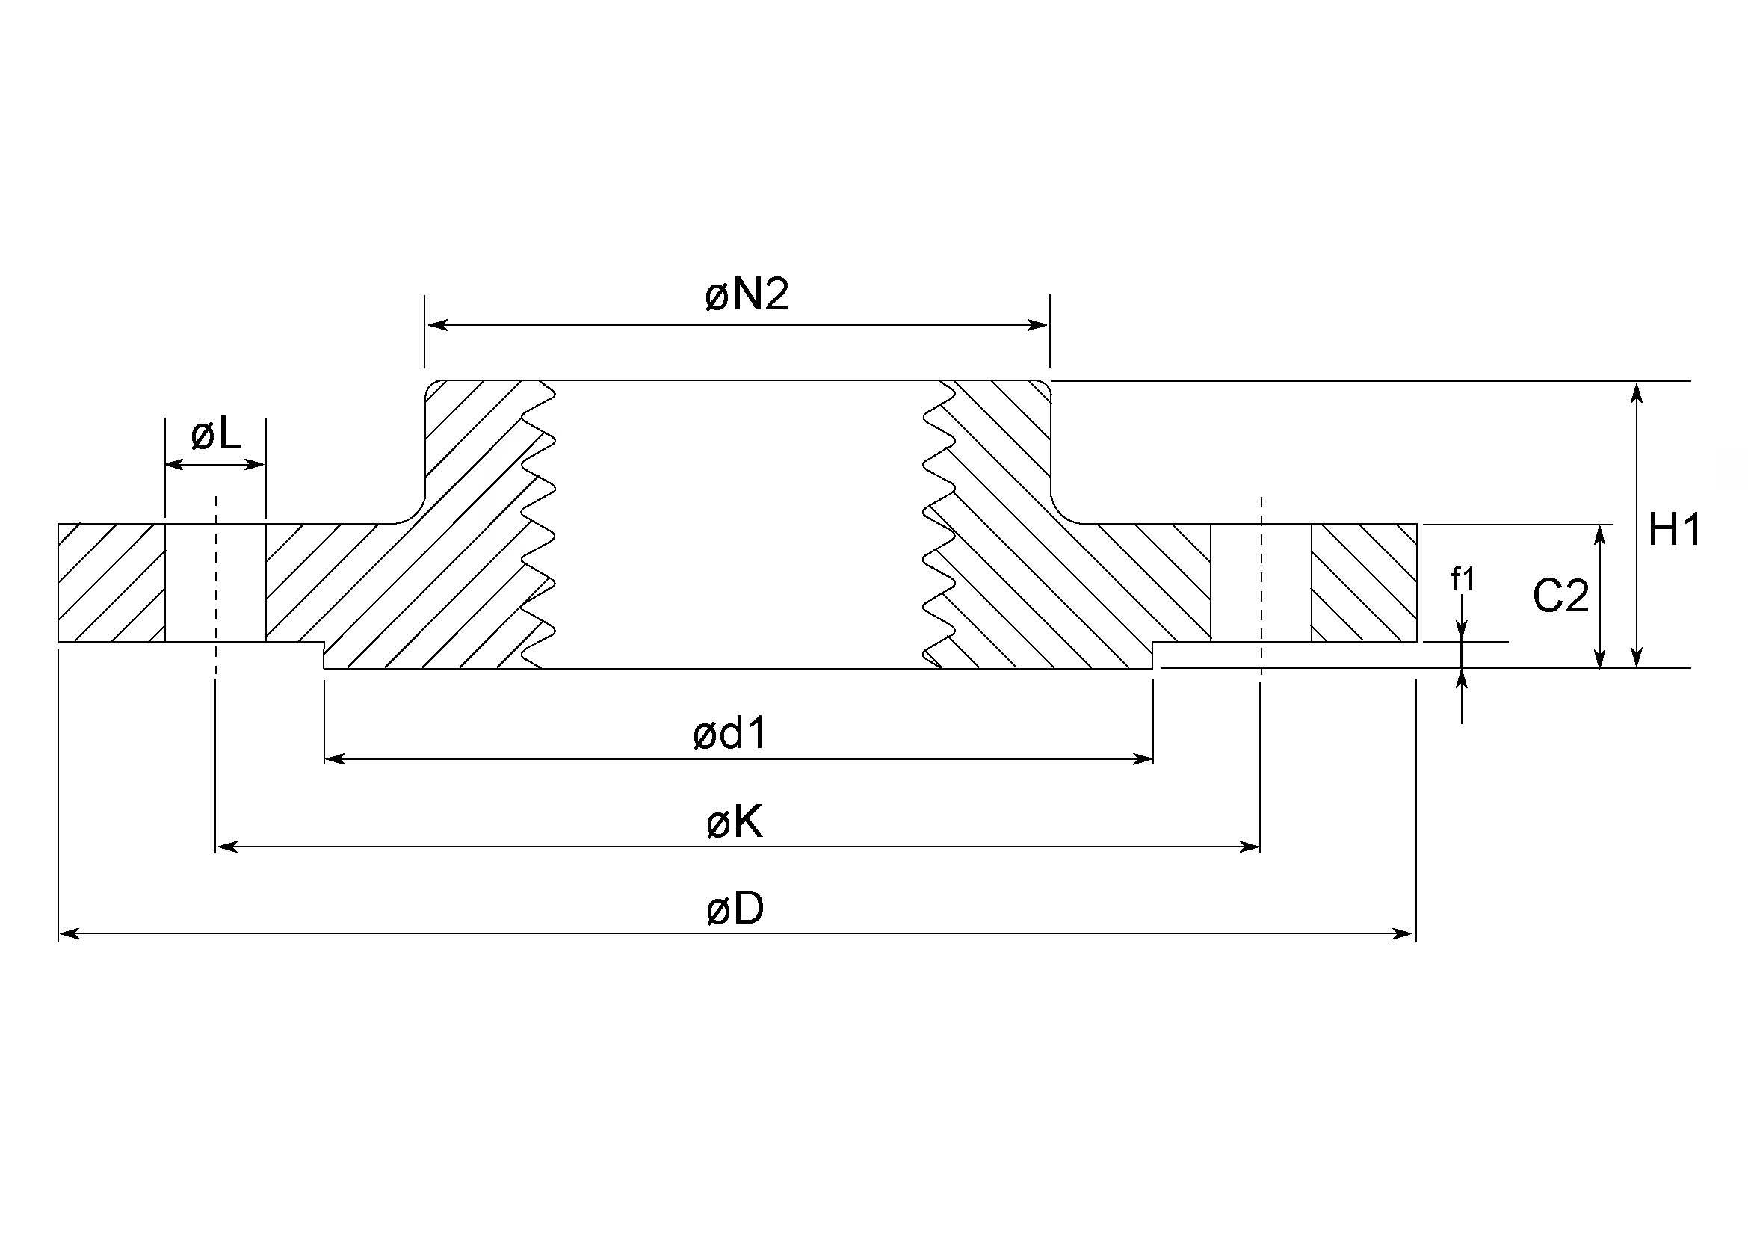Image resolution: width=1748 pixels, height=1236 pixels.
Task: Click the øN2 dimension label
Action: tap(747, 294)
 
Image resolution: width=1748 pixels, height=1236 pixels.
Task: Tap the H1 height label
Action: tap(1674, 530)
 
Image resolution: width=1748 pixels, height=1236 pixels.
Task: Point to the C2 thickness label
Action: tap(1560, 596)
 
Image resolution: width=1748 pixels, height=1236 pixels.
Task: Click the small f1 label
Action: tap(1463, 580)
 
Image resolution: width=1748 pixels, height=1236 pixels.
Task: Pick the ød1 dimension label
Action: tap(729, 735)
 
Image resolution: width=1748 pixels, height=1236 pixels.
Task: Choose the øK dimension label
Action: tap(735, 823)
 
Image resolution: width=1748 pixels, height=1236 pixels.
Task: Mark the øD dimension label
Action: tap(735, 909)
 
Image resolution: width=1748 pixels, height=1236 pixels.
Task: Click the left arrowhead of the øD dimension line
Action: tap(69, 934)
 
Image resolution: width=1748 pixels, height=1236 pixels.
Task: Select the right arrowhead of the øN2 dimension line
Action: tap(1039, 326)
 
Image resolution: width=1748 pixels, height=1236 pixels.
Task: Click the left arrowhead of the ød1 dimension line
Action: tap(335, 758)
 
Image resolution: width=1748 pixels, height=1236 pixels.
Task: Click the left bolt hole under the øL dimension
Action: tap(215, 582)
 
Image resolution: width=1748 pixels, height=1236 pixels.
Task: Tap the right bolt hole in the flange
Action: tap(1261, 582)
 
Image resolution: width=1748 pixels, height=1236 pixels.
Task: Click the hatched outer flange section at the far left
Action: tap(111, 582)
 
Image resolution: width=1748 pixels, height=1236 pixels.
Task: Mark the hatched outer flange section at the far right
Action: tap(1365, 582)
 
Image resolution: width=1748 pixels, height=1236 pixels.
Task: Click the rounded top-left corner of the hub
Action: tap(432, 387)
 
